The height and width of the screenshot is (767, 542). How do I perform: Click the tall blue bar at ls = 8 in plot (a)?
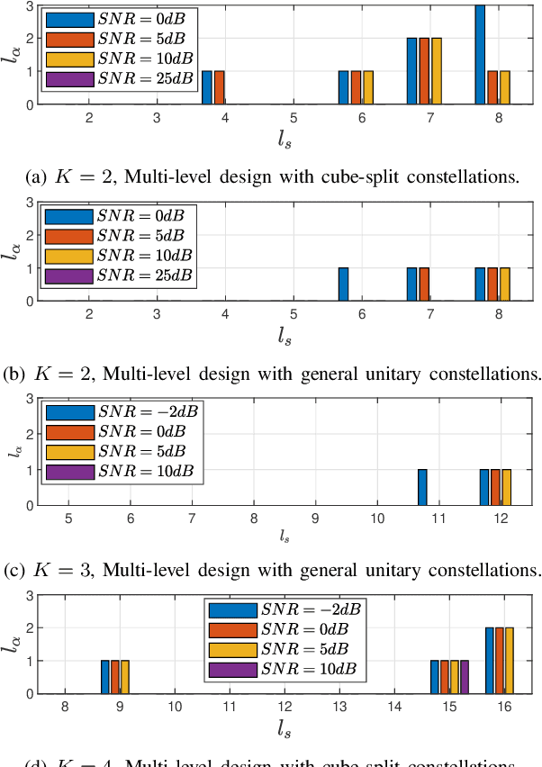pos(480,54)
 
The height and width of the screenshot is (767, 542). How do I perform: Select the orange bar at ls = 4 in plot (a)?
pos(220,87)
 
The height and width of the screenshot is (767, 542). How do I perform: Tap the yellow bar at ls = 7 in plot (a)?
pos(437,71)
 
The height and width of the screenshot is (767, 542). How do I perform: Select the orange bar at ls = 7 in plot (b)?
pos(424,284)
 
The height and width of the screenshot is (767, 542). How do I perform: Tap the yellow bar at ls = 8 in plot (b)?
pos(505,284)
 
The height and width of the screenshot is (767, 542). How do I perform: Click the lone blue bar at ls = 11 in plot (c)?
pos(422,487)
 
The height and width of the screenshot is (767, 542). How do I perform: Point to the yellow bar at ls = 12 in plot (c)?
pos(506,487)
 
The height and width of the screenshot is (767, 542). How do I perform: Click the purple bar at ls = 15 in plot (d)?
pos(465,677)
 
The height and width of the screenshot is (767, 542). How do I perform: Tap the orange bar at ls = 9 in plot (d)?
pos(115,677)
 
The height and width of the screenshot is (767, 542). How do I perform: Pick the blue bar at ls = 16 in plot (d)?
pos(490,661)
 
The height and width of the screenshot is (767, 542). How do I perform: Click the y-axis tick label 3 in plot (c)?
pos(30,399)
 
